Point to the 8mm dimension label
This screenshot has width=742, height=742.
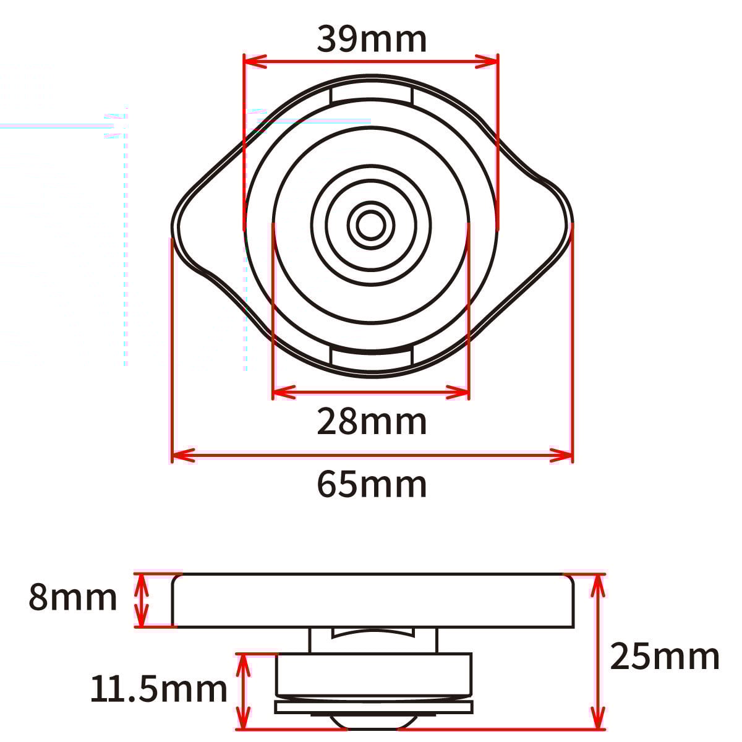pos(73,597)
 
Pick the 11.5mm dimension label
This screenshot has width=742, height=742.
pos(159,689)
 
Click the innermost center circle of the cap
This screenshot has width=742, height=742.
pos(371,226)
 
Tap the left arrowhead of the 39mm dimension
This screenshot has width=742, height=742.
pos(255,62)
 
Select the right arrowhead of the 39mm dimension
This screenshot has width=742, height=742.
pos(487,62)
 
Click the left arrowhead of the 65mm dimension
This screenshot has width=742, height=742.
pos(183,456)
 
